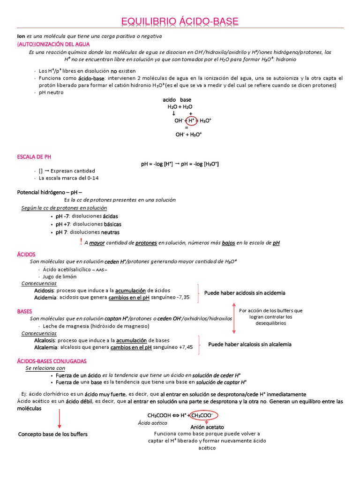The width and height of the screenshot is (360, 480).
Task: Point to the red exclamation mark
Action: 81,242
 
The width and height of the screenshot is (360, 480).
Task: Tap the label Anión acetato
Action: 207,427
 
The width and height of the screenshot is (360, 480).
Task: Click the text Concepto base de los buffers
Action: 52,434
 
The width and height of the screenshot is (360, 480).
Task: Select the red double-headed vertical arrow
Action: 234,318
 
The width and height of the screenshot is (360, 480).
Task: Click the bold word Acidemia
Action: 45,297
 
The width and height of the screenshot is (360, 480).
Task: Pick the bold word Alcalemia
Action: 45,347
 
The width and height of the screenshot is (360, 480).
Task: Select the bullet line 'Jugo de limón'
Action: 60,277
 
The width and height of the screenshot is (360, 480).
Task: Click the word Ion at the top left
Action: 21,36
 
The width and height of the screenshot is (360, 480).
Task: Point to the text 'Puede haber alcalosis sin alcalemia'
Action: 250,344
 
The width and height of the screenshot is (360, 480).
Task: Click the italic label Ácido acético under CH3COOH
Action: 152,423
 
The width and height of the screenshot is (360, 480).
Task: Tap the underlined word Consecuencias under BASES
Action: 39,333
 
